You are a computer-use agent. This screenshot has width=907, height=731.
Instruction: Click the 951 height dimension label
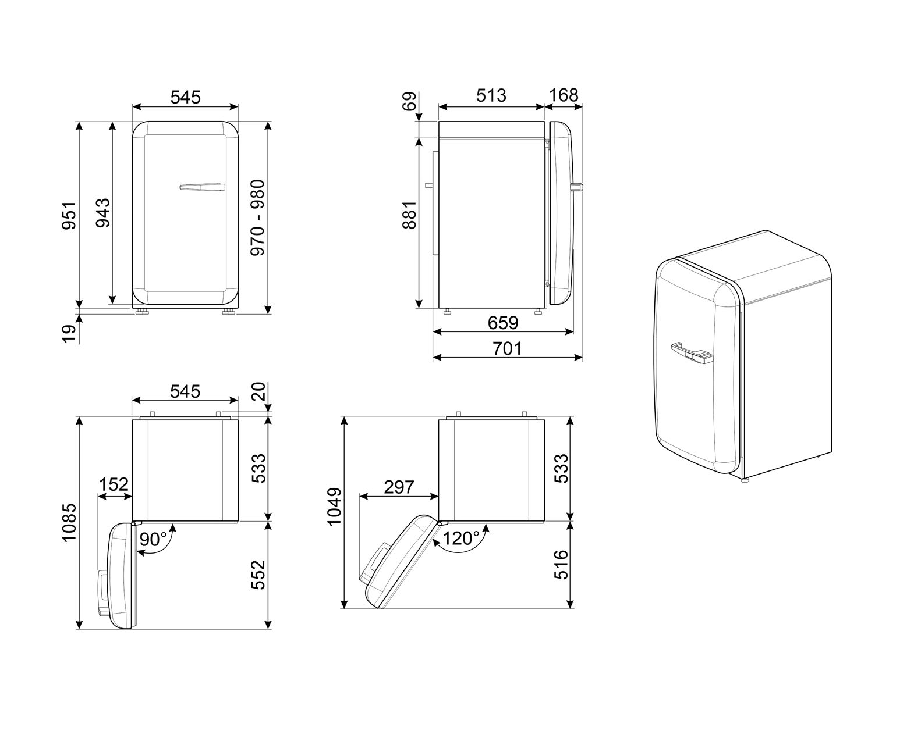point(69,216)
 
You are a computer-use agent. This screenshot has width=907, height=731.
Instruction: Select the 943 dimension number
point(102,213)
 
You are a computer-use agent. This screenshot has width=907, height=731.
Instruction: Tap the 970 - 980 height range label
point(257,217)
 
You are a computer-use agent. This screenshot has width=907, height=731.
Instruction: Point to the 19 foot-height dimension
point(69,334)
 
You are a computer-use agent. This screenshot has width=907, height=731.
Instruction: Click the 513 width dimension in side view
point(491,95)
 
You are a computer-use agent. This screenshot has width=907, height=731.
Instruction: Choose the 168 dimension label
point(564,95)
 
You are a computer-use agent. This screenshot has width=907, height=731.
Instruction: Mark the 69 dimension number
point(409,102)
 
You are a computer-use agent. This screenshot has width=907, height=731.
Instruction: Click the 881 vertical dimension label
point(409,215)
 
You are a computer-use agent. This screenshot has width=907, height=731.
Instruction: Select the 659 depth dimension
point(503,323)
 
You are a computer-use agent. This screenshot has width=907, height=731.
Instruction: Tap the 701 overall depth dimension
point(507,349)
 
